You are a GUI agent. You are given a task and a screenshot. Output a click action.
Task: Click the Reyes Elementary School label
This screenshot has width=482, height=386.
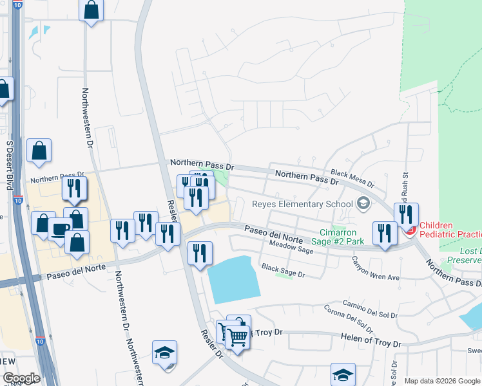[302, 204]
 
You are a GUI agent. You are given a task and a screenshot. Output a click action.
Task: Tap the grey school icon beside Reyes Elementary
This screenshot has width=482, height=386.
[363, 203]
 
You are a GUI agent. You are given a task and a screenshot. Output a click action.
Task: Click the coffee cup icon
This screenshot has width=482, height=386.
[60, 230]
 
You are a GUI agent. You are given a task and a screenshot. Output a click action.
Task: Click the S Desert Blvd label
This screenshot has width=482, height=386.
[10, 165]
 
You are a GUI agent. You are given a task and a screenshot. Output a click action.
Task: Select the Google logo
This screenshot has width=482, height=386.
[21, 378]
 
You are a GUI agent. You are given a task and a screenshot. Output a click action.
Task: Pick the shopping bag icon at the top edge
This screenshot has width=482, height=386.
[92, 10]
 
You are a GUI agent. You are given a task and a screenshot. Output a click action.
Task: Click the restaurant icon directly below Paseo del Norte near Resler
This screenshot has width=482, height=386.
[200, 252]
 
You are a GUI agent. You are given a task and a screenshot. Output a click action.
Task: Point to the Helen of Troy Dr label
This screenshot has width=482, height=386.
[370, 338]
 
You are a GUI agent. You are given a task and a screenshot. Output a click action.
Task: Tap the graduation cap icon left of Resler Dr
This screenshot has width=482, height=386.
[165, 353]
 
